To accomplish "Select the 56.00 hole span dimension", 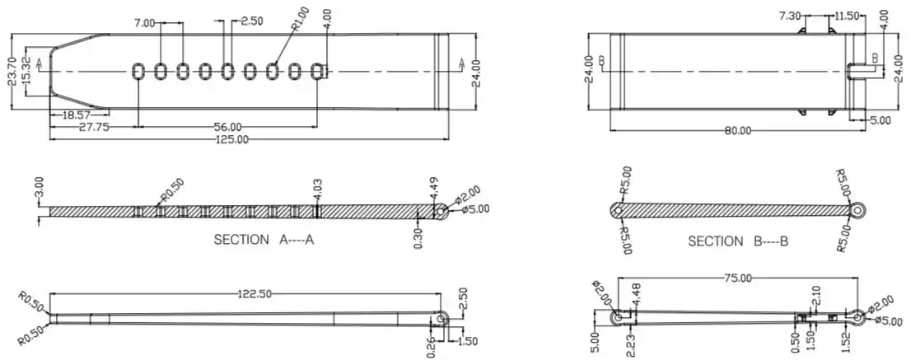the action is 227,127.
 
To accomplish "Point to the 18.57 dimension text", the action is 77,115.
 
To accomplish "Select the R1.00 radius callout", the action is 300,18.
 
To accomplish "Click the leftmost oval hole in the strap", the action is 138,72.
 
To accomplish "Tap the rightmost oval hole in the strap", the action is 317,72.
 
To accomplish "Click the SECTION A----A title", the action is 264,239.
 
